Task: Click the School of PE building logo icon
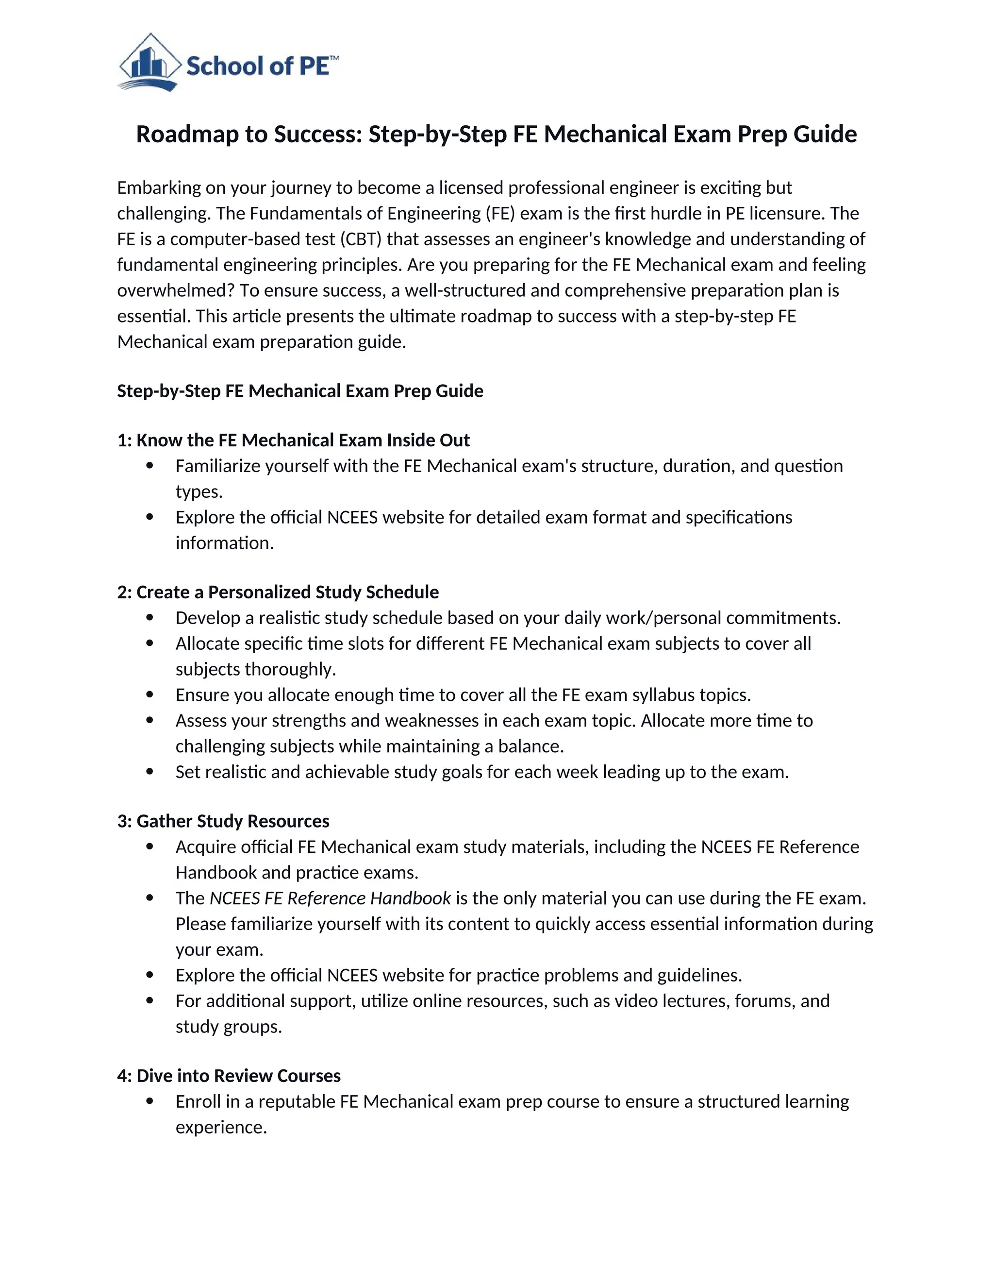149,63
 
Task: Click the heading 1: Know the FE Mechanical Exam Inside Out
293,440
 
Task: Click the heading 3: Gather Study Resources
223,821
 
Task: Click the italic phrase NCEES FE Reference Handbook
331,898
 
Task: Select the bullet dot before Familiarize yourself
149,466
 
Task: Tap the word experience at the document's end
221,1127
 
